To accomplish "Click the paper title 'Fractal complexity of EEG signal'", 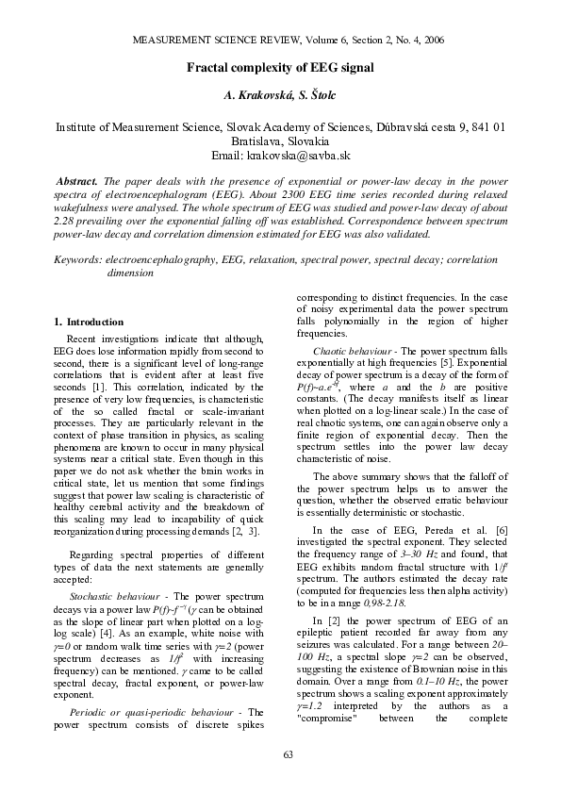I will (x=280, y=68).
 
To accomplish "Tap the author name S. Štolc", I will (x=317, y=96).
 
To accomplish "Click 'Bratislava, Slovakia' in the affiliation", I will (x=280, y=141).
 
